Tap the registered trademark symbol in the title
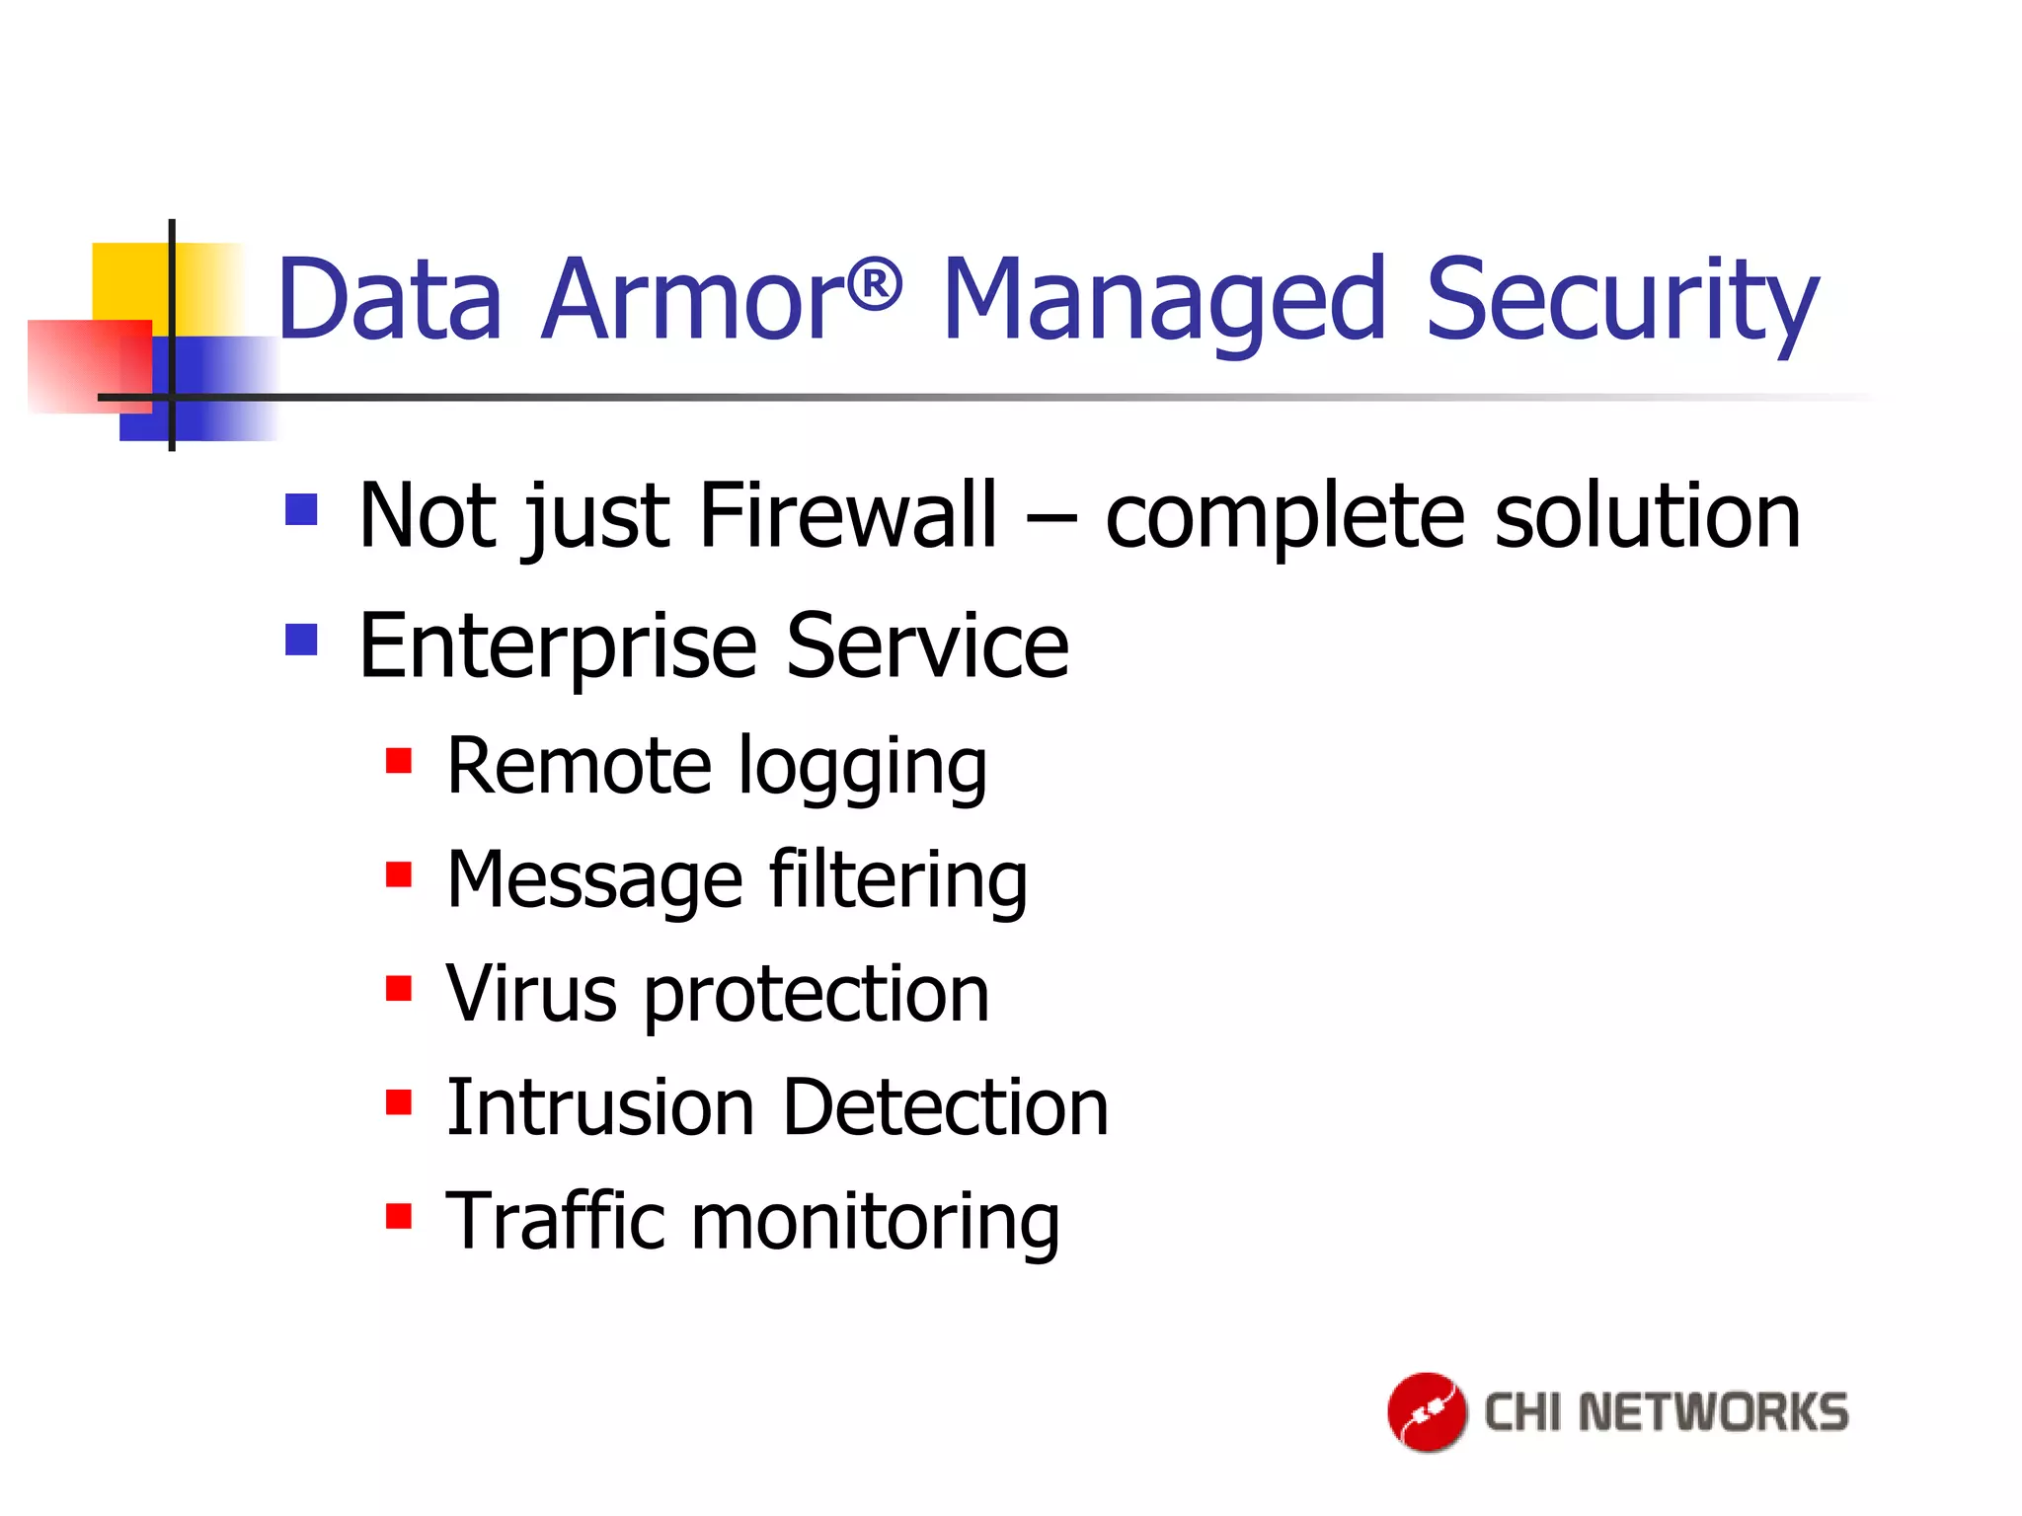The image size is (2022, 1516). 875,285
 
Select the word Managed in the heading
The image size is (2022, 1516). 1165,298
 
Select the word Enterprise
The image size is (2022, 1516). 558,646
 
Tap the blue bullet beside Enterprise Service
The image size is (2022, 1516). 301,640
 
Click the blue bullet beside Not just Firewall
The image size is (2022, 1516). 301,509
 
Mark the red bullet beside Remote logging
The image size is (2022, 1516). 399,761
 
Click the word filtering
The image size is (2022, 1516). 897,879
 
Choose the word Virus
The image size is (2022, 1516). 531,993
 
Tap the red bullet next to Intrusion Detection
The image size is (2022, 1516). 399,1101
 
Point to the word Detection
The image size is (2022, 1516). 945,1107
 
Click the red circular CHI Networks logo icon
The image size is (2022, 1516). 1426,1411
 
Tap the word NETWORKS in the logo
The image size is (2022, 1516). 1713,1411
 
